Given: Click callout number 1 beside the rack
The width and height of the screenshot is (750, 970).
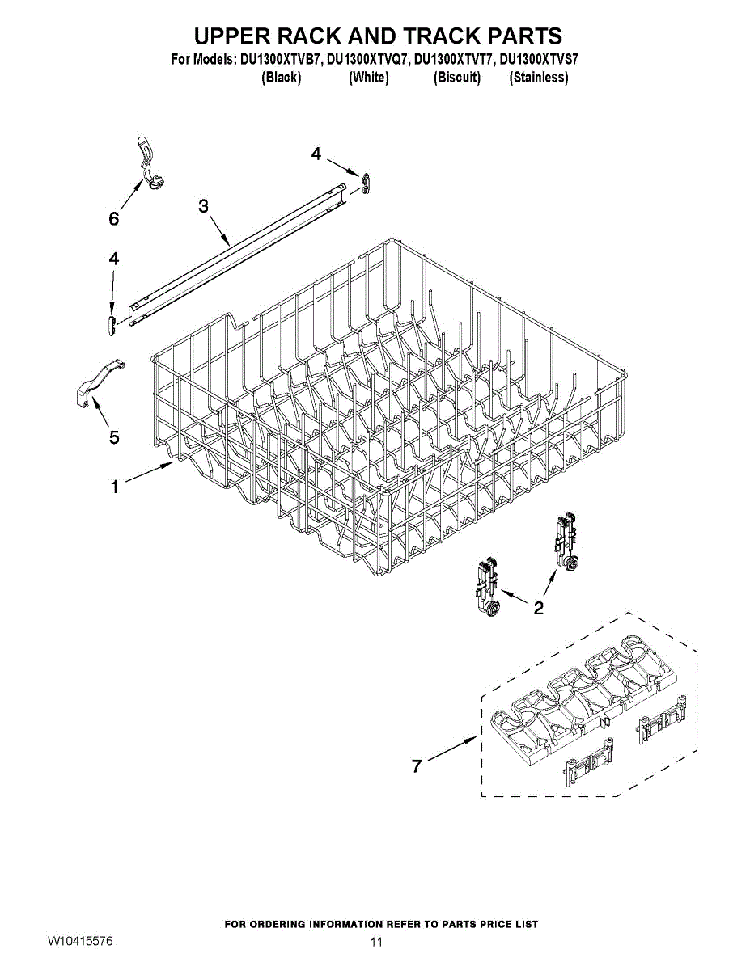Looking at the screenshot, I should (115, 487).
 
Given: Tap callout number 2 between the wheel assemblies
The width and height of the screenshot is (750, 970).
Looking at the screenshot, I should (538, 608).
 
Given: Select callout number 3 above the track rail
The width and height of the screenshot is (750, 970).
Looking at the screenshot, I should (204, 206).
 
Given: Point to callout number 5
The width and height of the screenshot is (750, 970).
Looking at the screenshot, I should (114, 437).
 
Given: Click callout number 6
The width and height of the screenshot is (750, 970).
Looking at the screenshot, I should (114, 219).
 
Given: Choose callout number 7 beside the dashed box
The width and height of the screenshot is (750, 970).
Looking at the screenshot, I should (417, 766).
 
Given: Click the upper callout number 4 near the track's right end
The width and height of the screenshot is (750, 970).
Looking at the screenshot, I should (316, 154).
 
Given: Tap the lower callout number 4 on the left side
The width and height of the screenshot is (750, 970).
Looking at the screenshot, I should (114, 259).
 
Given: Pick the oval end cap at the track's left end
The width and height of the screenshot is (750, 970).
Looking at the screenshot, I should (112, 323).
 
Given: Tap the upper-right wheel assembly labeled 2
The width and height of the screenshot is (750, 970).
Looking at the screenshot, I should (566, 542).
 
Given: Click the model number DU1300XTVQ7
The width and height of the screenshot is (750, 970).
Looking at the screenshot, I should (368, 60).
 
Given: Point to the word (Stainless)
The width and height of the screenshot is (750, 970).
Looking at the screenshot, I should (538, 78).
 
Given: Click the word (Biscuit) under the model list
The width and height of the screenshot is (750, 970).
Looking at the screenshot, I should (457, 78).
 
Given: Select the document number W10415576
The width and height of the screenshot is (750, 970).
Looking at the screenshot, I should (79, 941).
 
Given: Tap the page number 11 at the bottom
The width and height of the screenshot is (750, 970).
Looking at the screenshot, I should (375, 942).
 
